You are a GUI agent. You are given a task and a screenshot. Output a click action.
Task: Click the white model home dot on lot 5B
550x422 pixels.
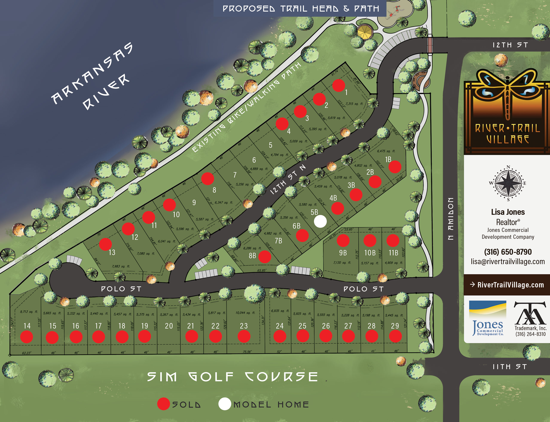pyautogui.click(x=320, y=221)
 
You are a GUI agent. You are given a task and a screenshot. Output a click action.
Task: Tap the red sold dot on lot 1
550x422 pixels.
pyautogui.click(x=339, y=85)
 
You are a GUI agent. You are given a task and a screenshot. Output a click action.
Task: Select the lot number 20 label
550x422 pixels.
pyautogui.click(x=169, y=326)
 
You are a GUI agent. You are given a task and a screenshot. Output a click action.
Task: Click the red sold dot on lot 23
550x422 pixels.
pyautogui.click(x=244, y=336)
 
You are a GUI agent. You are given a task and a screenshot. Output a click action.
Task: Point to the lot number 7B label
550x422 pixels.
pyautogui.click(x=278, y=241)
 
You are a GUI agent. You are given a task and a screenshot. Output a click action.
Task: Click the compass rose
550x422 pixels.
pyautogui.click(x=508, y=183)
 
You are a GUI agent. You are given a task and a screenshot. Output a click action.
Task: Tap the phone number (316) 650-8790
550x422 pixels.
pyautogui.click(x=508, y=252)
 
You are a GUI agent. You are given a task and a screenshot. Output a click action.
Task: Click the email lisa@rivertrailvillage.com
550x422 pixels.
pyautogui.click(x=508, y=261)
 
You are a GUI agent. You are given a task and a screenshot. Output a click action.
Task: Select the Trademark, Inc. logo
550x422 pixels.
pyautogui.click(x=530, y=319)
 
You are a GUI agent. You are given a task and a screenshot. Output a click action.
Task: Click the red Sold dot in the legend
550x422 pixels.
pyautogui.click(x=163, y=404)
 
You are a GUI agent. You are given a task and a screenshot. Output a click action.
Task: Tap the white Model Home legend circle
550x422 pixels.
pyautogui.click(x=225, y=404)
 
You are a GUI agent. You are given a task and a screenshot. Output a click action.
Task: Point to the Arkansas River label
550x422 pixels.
pyautogui.click(x=92, y=77)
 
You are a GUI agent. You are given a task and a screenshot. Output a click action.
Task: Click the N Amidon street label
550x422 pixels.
pyautogui.click(x=451, y=219)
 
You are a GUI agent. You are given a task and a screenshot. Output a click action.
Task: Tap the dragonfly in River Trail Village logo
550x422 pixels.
pyautogui.click(x=507, y=93)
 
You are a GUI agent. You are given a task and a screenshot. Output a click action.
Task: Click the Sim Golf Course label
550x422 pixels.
pyautogui.click(x=232, y=377)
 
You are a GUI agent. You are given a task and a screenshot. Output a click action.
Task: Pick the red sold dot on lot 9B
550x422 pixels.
pyautogui.click(x=343, y=240)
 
